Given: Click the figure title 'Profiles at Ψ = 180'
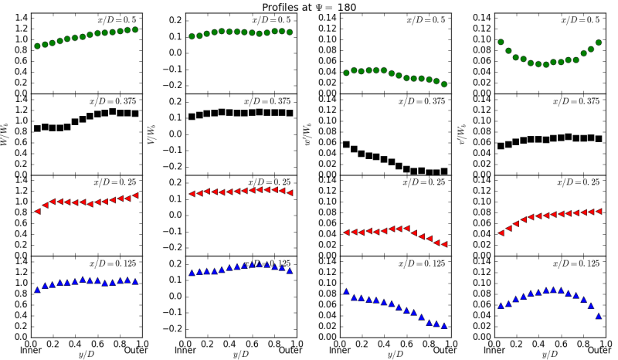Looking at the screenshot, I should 309,6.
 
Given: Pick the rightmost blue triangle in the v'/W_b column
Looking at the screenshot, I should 599,316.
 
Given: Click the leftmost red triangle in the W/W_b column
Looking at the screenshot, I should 37,212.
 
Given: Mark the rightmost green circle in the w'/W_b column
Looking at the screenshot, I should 444,84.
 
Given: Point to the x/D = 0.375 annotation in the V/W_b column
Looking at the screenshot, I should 270,101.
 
